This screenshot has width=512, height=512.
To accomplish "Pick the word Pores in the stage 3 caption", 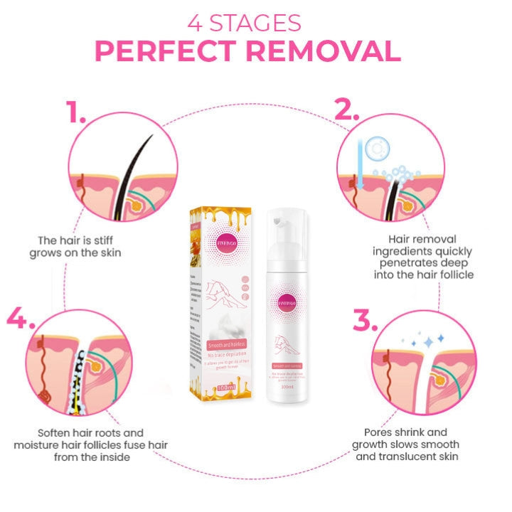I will pyautogui.click(x=378, y=432).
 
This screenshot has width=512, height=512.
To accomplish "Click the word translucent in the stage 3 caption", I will pyautogui.click(x=427, y=457).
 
